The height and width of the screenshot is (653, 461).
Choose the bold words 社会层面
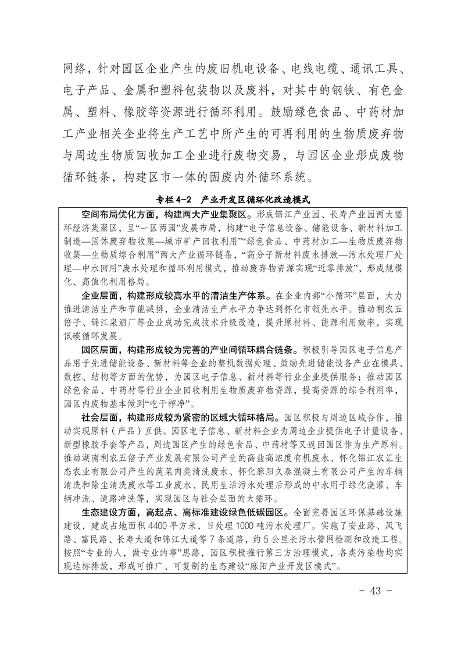pos(101,417)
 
